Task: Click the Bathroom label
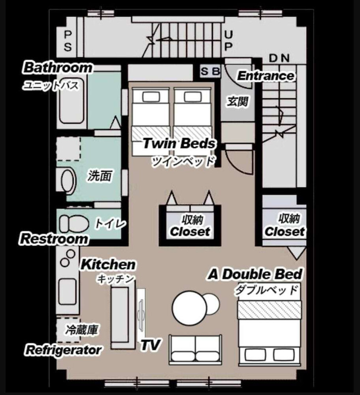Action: (x=58, y=68)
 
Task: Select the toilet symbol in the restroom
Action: (x=74, y=224)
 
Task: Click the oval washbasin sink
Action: (x=68, y=181)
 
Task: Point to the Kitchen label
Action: (x=108, y=265)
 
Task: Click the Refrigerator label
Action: (x=64, y=350)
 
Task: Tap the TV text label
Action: (x=150, y=345)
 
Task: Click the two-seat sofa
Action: (x=196, y=350)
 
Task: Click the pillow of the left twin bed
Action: (x=152, y=97)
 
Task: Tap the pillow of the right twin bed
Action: (x=193, y=97)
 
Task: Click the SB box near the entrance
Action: (x=210, y=71)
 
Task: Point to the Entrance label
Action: (x=266, y=76)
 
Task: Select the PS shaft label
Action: (x=68, y=41)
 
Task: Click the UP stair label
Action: (x=229, y=41)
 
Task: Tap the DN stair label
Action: (x=279, y=58)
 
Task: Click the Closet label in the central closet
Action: (x=190, y=231)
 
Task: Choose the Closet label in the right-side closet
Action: (x=285, y=231)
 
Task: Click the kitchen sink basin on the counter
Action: (x=68, y=292)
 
